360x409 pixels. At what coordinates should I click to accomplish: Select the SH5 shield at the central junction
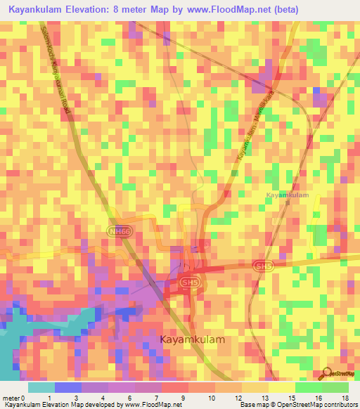coord(188,283)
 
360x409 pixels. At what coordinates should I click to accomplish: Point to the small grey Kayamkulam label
coord(288,195)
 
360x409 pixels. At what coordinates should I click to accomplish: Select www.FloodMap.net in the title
coord(233,10)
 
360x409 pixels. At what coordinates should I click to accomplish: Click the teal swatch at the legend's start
coord(41,387)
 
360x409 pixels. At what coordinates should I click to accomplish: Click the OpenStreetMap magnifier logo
coord(327,373)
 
